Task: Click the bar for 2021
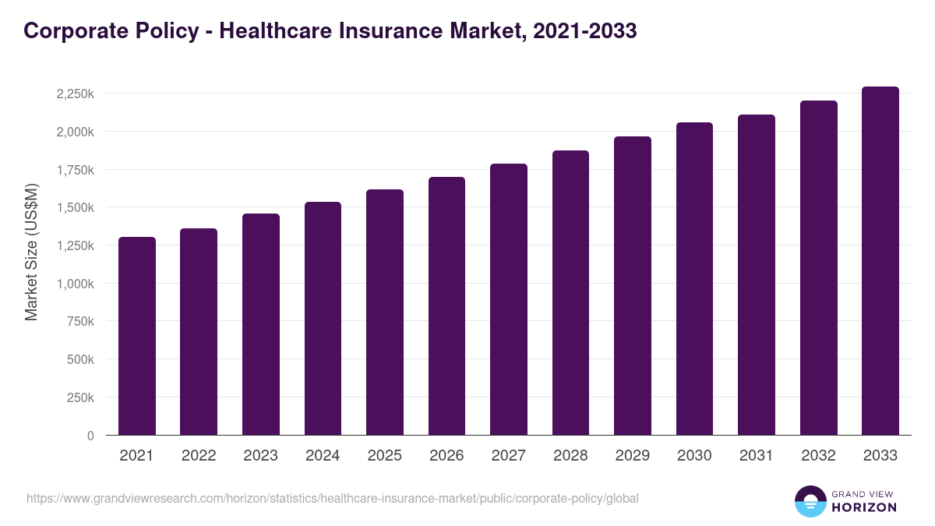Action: (137, 336)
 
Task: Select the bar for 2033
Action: (880, 261)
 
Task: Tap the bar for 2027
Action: (509, 299)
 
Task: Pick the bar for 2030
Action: (694, 279)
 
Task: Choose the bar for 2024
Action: (323, 319)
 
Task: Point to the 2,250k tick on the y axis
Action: (76, 94)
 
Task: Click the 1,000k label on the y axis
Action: (76, 284)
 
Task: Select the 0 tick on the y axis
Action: (90, 436)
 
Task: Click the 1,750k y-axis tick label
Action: (76, 170)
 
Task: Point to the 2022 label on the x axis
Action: (199, 456)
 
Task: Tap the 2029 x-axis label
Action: (632, 456)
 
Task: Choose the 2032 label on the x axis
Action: (818, 456)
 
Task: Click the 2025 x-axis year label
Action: (384, 456)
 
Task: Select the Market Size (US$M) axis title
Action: (31, 251)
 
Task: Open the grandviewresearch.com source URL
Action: (333, 498)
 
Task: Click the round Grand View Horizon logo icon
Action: (810, 502)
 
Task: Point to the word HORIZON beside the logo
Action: (864, 507)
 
